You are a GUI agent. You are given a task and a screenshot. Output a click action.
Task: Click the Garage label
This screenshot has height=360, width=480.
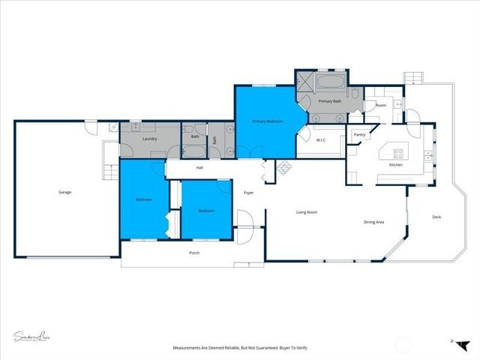pyautogui.click(x=65, y=193)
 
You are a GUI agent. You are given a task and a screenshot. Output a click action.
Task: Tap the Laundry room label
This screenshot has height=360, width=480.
pyautogui.click(x=149, y=139)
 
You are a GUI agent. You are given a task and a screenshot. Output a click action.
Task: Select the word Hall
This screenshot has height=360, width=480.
pyautogui.click(x=199, y=167)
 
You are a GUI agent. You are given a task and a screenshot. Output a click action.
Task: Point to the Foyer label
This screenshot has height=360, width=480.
pyautogui.click(x=248, y=193)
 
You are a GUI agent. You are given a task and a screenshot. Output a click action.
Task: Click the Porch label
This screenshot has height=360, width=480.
pyautogui.click(x=194, y=253)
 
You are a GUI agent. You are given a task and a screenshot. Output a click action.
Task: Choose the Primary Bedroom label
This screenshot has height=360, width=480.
pyautogui.click(x=267, y=121)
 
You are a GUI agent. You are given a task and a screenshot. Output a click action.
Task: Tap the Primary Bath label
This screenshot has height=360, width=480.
pyautogui.click(x=330, y=100)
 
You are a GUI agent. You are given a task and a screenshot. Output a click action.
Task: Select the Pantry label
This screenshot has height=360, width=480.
pyautogui.click(x=359, y=135)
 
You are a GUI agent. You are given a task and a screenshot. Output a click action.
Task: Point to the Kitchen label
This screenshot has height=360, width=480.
pyautogui.click(x=396, y=164)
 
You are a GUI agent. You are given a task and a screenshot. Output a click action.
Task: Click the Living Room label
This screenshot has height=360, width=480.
pyautogui.click(x=306, y=212)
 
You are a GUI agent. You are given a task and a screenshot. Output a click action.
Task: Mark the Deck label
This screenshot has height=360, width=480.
pyautogui.click(x=436, y=217)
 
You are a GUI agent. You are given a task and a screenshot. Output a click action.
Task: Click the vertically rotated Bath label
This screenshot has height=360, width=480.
pyautogui.click(x=214, y=139)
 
